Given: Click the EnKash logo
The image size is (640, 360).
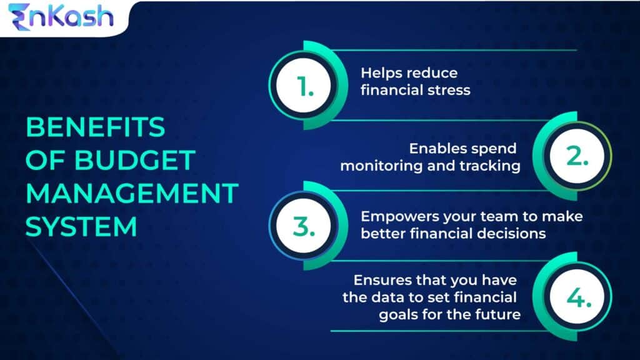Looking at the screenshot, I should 61,17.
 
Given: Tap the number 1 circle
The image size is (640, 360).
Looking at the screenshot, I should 305,87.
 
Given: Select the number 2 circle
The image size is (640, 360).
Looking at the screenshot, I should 576,157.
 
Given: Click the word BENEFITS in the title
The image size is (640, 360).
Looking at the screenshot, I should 95,127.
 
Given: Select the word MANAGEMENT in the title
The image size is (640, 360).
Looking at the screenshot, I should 131,193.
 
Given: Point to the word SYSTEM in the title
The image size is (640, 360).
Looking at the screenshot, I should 81,226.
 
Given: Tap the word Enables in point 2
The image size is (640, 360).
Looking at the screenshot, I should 436,149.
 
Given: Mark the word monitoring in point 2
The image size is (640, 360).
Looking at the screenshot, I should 388,166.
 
